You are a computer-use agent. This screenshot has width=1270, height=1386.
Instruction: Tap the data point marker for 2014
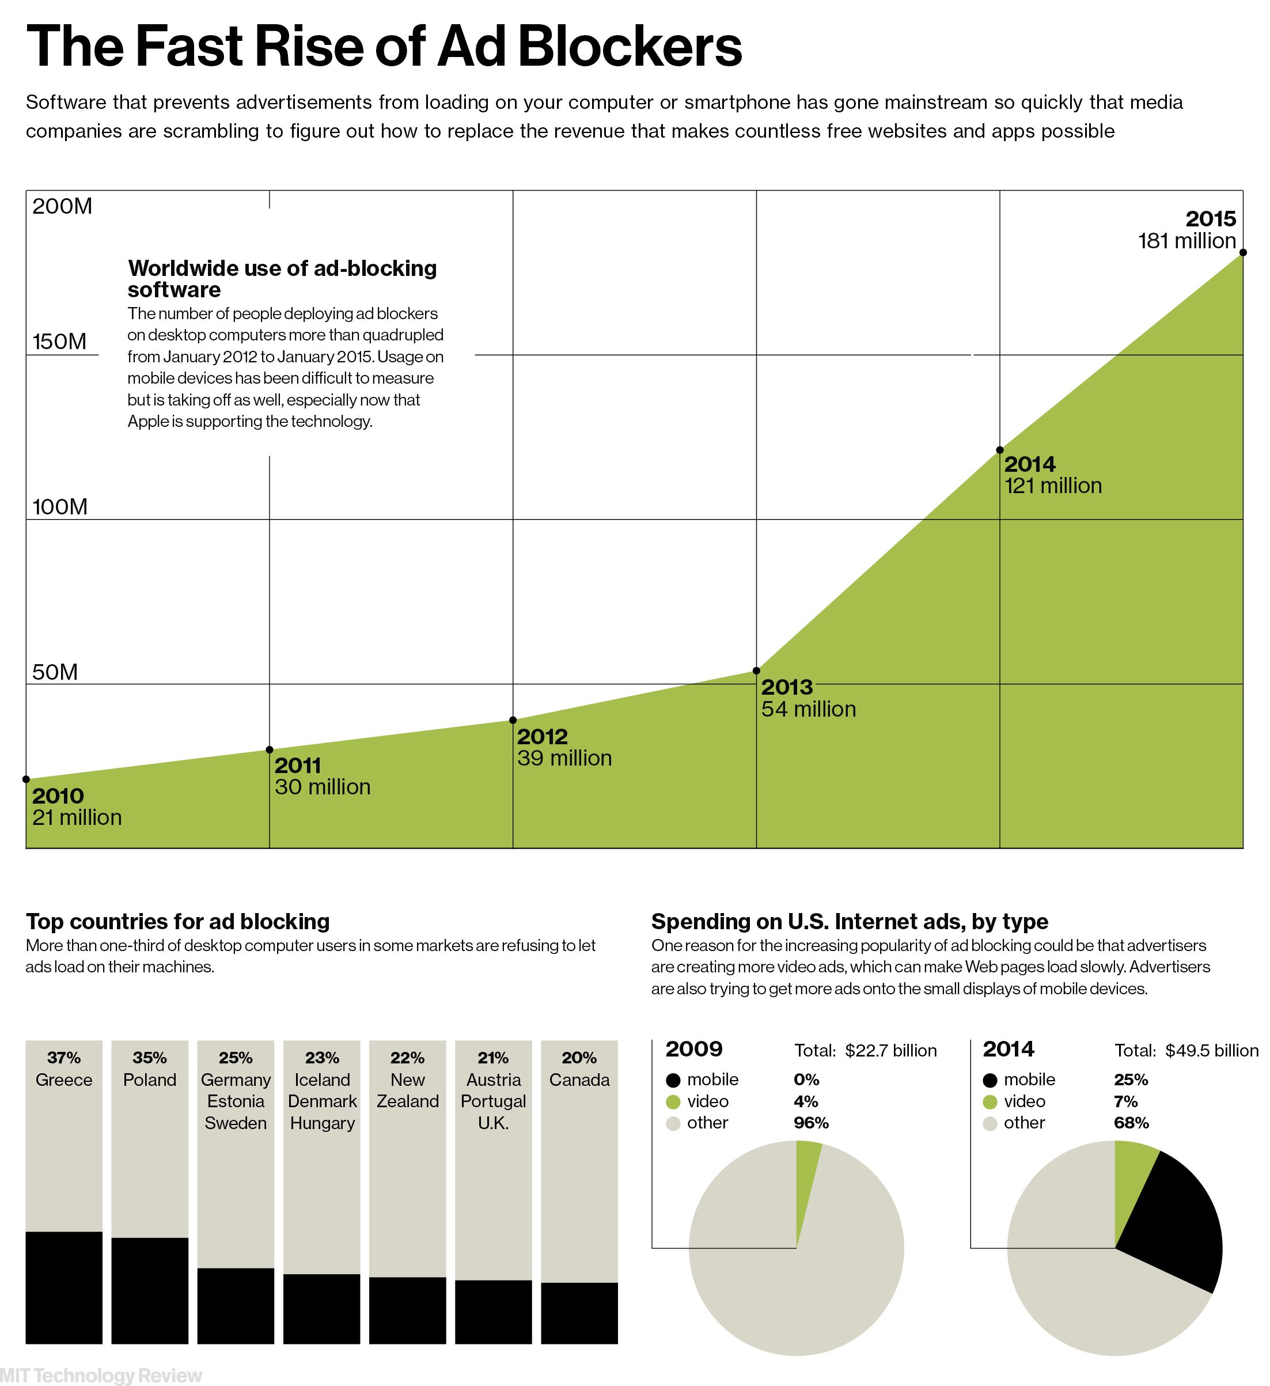click(999, 450)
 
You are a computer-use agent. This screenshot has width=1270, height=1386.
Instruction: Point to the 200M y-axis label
click(62, 206)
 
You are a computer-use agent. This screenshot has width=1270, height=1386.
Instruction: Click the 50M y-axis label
click(55, 672)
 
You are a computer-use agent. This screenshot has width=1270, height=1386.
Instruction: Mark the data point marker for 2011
click(270, 749)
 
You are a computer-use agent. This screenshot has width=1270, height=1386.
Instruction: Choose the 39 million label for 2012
click(564, 758)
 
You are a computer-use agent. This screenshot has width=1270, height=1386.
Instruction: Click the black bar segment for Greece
click(64, 1287)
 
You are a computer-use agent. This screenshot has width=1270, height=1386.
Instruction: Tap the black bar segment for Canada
click(579, 1312)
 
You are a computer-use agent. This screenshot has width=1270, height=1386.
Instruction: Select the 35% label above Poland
click(150, 1058)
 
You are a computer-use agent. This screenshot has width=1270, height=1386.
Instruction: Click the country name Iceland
click(323, 1080)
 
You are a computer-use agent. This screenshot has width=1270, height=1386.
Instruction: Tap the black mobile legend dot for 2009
click(673, 1080)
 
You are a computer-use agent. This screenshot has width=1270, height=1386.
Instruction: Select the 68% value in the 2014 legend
click(1131, 1123)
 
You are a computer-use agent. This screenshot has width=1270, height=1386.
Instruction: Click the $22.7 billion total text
click(890, 1051)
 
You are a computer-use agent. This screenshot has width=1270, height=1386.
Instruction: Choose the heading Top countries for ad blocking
click(177, 921)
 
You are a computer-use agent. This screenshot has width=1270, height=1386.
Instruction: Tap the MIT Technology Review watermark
click(101, 1375)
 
